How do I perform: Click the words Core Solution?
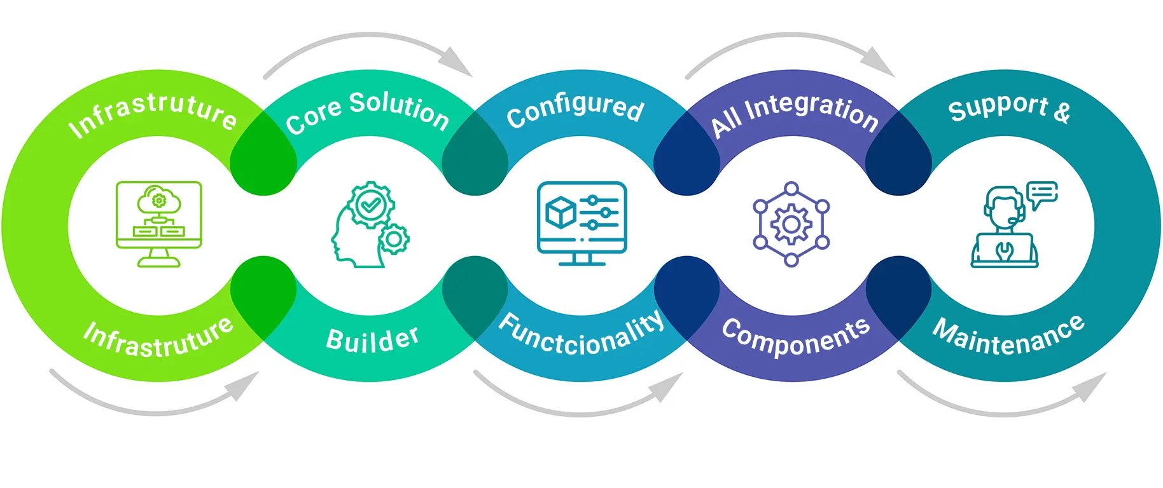click(x=367, y=111)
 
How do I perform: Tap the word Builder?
click(x=372, y=339)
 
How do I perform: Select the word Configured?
click(x=575, y=110)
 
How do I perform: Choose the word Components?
click(x=795, y=336)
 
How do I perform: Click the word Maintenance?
click(x=1009, y=337)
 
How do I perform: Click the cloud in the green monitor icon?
click(x=158, y=199)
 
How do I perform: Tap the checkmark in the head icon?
click(x=370, y=205)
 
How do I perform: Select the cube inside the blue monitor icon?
click(x=561, y=212)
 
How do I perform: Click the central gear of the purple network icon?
click(x=791, y=224)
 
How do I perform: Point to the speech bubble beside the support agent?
click(x=1041, y=193)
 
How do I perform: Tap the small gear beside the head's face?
click(x=394, y=240)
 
